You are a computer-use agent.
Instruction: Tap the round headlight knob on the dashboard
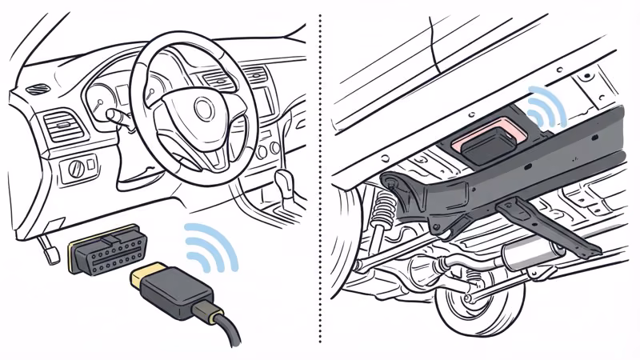point(77,168)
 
